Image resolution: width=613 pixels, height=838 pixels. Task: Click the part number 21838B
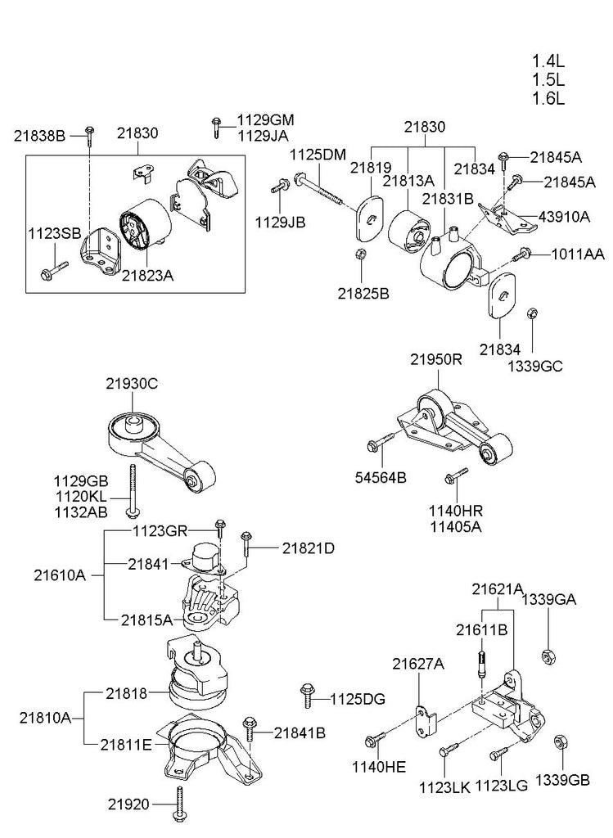click(x=39, y=137)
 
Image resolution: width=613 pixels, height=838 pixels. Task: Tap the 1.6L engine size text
click(x=548, y=98)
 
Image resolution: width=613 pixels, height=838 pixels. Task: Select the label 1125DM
click(x=318, y=155)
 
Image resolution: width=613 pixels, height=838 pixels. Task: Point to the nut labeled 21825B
click(x=361, y=254)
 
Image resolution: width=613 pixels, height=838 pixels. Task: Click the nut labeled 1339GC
click(x=532, y=313)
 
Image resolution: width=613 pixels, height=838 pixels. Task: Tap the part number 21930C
click(x=132, y=384)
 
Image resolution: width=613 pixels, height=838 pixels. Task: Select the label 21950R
click(x=436, y=360)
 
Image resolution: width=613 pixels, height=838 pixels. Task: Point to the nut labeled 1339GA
click(x=548, y=656)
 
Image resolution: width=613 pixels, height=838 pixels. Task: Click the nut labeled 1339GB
click(x=561, y=743)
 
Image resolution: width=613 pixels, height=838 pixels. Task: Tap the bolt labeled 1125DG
click(x=307, y=696)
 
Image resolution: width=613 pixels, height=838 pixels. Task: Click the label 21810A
click(x=46, y=718)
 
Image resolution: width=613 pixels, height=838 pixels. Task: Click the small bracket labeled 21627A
click(x=426, y=720)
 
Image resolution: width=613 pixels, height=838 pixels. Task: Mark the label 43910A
click(x=565, y=216)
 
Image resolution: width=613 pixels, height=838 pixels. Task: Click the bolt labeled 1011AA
click(x=521, y=255)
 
